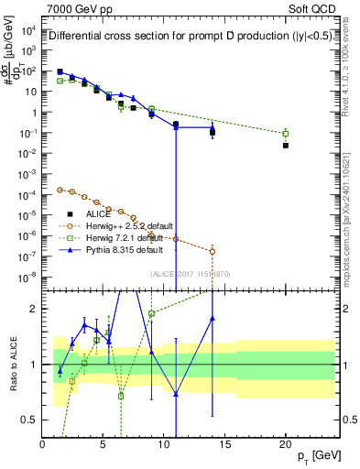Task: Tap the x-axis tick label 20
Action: click(x=285, y=444)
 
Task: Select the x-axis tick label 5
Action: click(x=104, y=444)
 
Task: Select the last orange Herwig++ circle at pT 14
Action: click(x=213, y=251)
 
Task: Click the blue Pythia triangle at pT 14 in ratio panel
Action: click(x=213, y=319)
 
